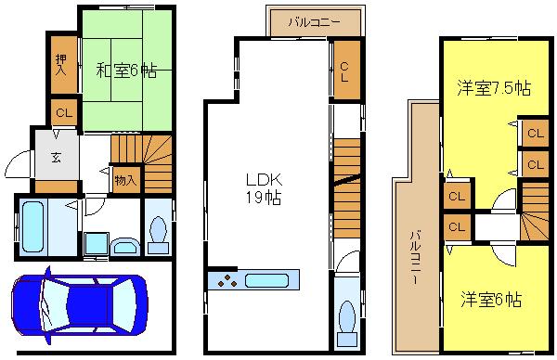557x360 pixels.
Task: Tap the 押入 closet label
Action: pos(62,63)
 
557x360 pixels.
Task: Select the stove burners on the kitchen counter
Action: pos(227,280)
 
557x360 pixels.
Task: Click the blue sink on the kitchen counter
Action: pos(269,280)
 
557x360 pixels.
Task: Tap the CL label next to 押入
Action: pos(63,112)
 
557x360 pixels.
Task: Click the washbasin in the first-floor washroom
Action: pos(122,245)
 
